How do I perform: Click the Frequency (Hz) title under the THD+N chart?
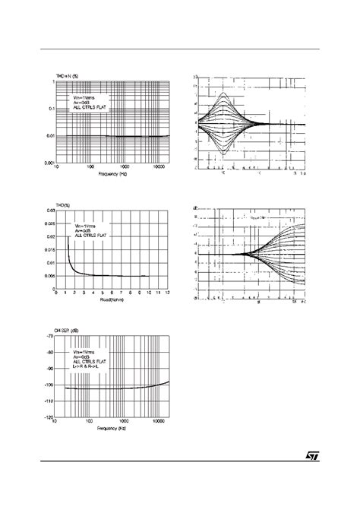coord(113,174)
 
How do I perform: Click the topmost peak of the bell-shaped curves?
coord(224,93)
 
